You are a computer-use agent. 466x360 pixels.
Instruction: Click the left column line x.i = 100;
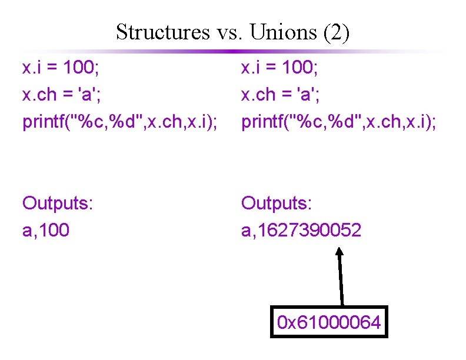click(61, 69)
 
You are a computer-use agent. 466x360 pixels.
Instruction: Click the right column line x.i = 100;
click(279, 69)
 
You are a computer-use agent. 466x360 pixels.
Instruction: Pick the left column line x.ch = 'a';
click(64, 95)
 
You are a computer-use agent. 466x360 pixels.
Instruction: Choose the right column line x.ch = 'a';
click(283, 95)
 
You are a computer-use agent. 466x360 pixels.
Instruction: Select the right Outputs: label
click(277, 204)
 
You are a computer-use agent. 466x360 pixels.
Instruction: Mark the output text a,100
click(45, 230)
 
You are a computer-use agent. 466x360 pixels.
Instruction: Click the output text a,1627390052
click(301, 230)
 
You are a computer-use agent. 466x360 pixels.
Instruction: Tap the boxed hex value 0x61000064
click(329, 322)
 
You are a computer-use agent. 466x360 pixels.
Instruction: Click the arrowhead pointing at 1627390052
click(339, 252)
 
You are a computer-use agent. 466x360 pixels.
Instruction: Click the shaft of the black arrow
click(340, 279)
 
